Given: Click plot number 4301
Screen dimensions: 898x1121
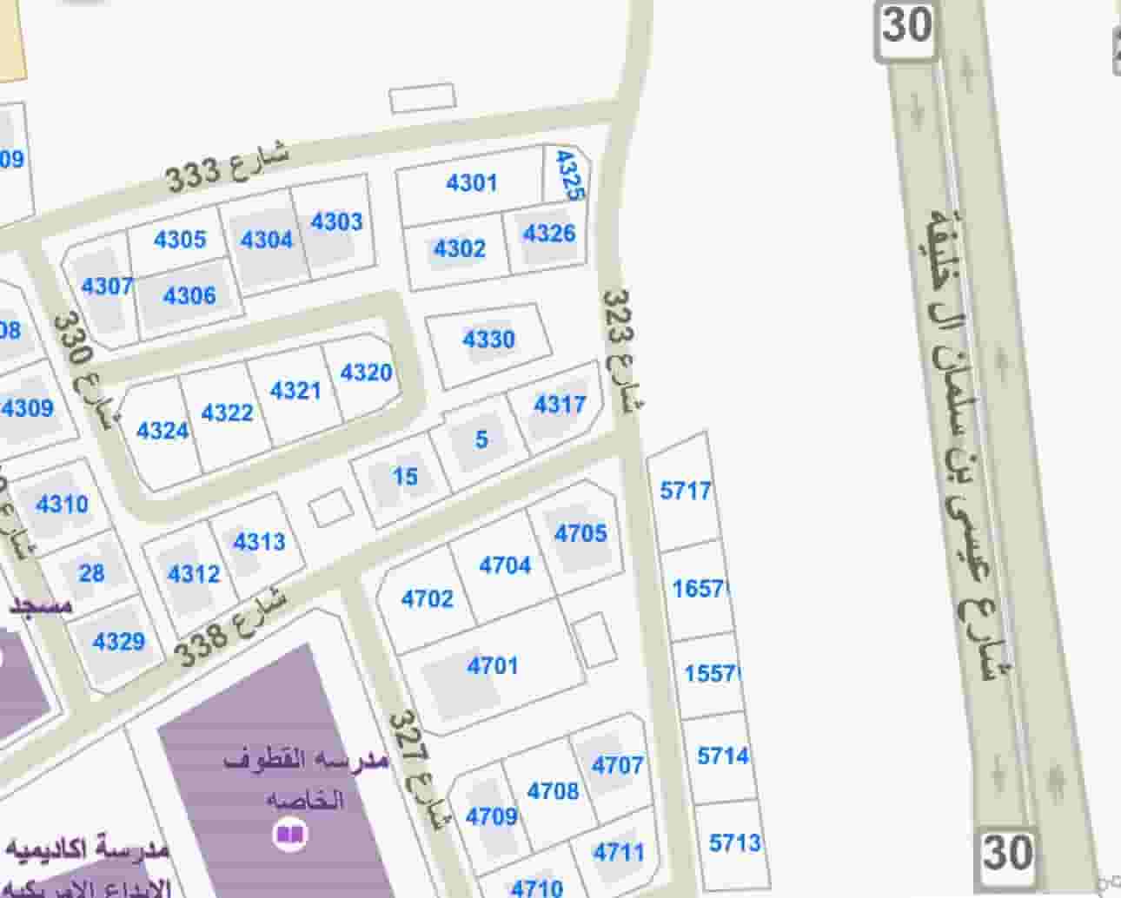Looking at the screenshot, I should tap(471, 182).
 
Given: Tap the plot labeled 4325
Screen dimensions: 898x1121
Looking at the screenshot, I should tap(568, 175).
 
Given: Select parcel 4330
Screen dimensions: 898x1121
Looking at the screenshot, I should tap(488, 339).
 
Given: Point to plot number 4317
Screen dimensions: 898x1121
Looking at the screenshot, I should tap(560, 404).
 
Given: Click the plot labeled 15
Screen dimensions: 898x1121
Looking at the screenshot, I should tap(405, 476).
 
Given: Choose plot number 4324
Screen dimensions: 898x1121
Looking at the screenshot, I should tap(163, 430).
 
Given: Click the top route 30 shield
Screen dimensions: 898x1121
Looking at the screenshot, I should tap(907, 27).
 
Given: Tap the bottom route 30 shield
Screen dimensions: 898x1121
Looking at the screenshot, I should tap(1007, 854).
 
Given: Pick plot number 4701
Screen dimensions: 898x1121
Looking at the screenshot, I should tap(493, 666).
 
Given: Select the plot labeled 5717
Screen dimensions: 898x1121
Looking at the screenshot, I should tap(686, 491).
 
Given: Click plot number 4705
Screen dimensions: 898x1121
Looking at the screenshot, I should tap(580, 532).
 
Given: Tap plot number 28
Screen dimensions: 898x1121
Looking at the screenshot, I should tap(91, 573).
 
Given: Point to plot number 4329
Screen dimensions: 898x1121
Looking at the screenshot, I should tap(118, 642).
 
